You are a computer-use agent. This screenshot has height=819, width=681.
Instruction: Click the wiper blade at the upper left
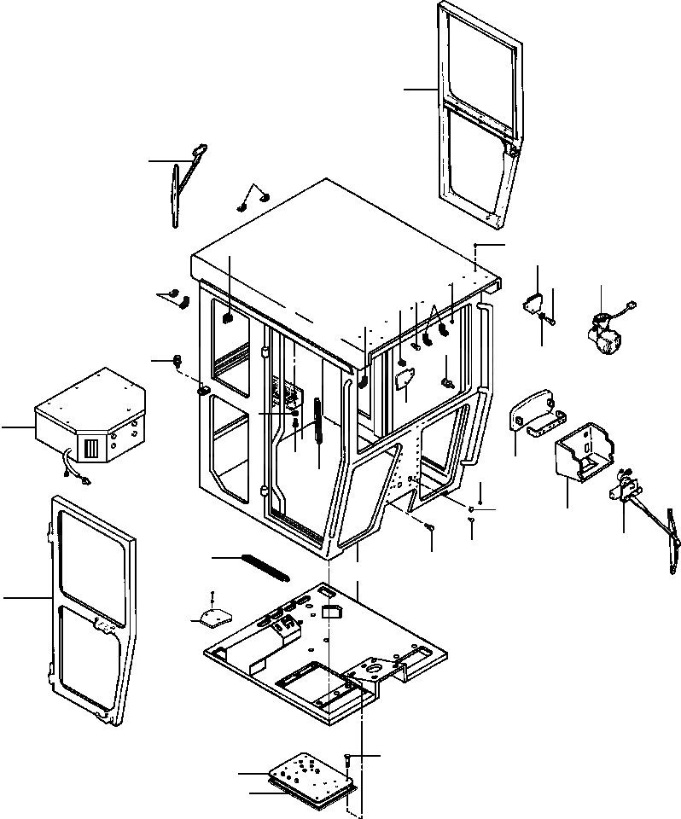(177, 197)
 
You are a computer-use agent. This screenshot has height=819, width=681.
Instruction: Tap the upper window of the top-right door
(480, 67)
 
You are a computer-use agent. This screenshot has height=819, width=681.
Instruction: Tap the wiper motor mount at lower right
(630, 487)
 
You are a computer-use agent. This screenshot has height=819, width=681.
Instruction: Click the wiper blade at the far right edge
(672, 546)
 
